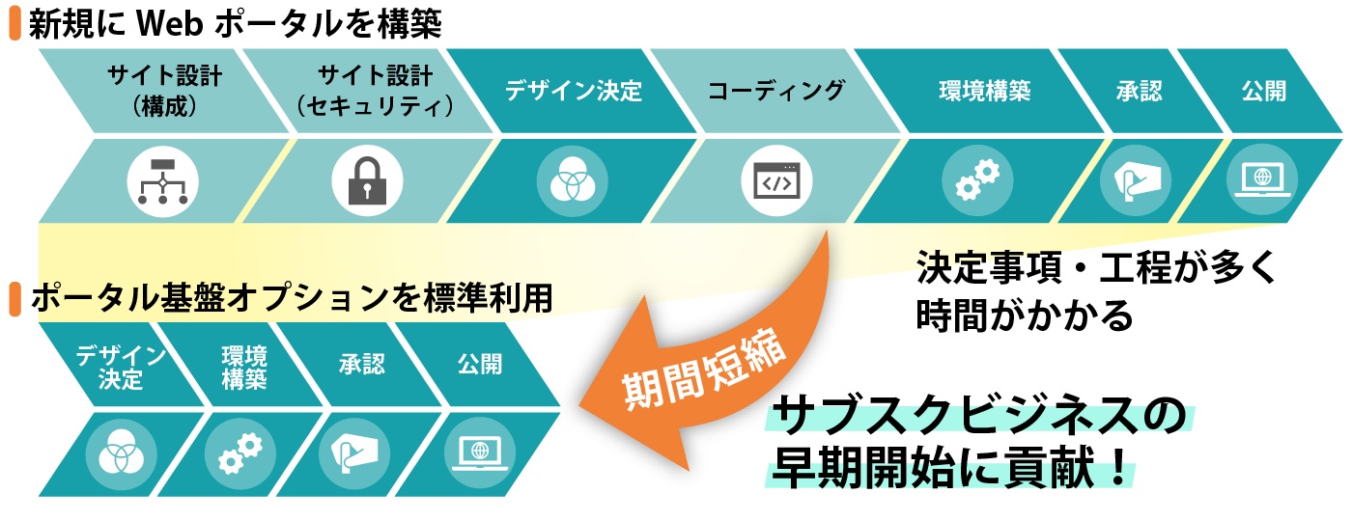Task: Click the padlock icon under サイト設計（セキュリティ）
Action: [367, 180]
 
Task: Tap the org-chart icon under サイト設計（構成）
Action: [163, 181]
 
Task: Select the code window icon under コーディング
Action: [776, 180]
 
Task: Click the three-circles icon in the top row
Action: [572, 180]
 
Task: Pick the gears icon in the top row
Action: [977, 179]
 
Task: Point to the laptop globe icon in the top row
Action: [1262, 180]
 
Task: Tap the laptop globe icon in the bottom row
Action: [480, 453]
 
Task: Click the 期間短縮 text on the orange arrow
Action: [704, 370]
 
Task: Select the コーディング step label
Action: [776, 91]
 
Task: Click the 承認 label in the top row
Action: [1139, 91]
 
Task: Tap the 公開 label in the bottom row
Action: [480, 364]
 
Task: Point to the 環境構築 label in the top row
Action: [984, 91]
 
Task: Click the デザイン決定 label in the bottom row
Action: [121, 367]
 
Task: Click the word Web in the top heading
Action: [169, 23]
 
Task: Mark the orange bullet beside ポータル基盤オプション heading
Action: [15, 299]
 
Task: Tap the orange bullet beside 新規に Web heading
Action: [15, 23]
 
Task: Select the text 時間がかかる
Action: [1025, 315]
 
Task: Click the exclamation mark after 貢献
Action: [1118, 467]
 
